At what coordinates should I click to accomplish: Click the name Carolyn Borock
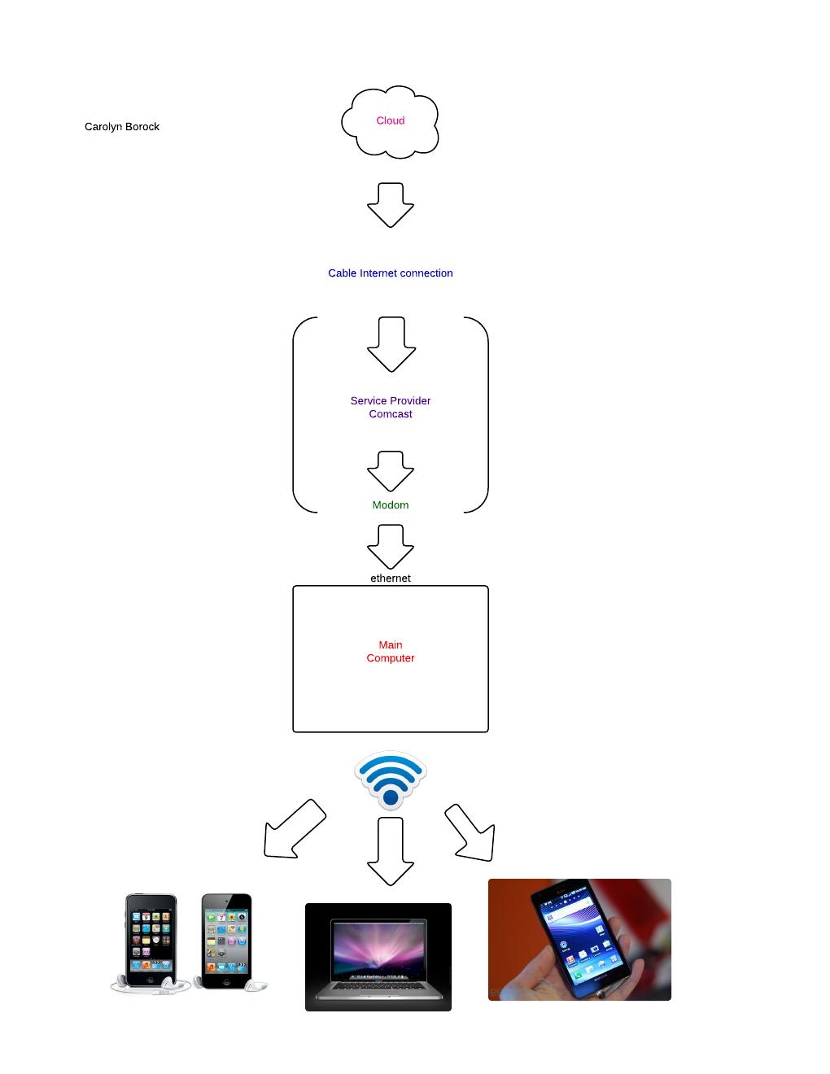click(122, 127)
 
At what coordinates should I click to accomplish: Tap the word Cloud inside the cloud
click(391, 120)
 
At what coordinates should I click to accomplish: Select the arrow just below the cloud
click(391, 205)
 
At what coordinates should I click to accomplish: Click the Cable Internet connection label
click(391, 273)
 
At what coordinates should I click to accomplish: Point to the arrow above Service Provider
click(391, 344)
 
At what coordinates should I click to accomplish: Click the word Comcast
click(391, 414)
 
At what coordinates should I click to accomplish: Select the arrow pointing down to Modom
click(391, 471)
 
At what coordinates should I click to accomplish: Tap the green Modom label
click(391, 505)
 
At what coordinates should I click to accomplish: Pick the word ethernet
click(391, 578)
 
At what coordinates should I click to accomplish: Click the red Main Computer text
click(391, 652)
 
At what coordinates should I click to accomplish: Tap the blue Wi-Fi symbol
click(391, 780)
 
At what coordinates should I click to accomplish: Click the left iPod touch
click(151, 941)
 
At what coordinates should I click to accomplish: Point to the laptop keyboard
click(378, 985)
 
